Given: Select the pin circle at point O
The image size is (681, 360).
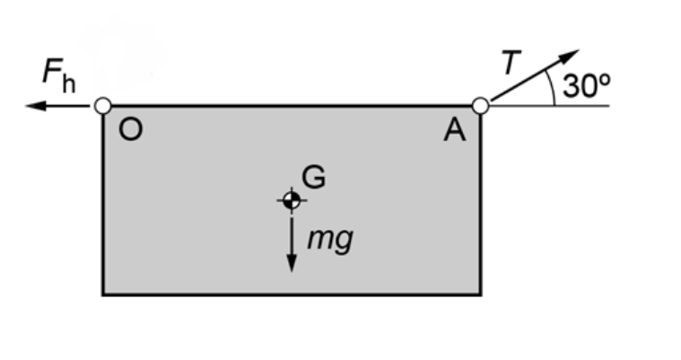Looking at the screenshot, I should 102,106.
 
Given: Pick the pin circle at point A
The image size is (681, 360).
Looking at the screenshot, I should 480,106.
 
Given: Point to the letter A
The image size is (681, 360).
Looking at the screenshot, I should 455,132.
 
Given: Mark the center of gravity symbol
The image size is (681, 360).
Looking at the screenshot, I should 291,200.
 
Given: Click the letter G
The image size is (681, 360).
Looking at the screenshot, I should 313,178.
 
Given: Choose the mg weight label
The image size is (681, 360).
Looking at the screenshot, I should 328,240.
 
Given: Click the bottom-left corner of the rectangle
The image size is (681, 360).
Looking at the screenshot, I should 103,294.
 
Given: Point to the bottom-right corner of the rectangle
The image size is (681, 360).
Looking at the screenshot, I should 480,294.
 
